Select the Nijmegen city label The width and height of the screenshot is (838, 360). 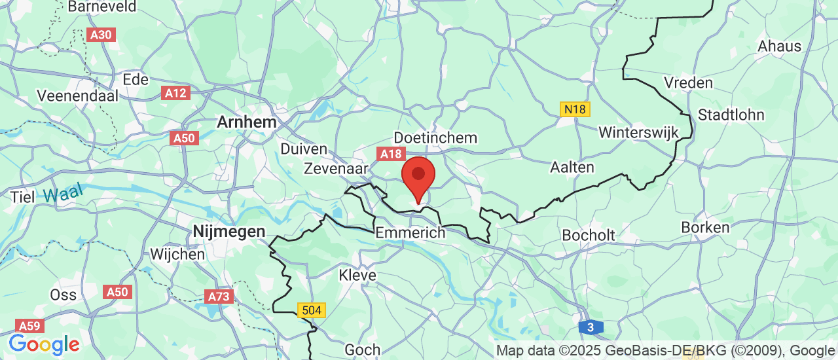point(229,231)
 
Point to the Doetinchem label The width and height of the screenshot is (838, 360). point(435,138)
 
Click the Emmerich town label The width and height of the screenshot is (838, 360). point(410,232)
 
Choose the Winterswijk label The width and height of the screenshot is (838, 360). point(638,132)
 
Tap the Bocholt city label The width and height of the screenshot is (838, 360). point(589,235)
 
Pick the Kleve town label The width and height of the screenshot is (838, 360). point(357,275)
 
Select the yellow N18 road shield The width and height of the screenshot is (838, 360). point(574,109)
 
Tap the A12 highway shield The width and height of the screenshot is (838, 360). point(175,93)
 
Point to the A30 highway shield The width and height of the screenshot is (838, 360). point(101,35)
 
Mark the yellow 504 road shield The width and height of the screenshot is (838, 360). point(311,310)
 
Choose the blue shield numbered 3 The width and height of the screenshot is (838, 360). point(591,327)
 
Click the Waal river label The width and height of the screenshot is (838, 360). point(64,192)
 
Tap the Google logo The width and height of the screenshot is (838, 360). point(44,344)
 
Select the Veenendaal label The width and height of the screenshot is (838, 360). point(78,96)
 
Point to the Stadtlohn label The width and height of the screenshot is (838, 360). point(731,115)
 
